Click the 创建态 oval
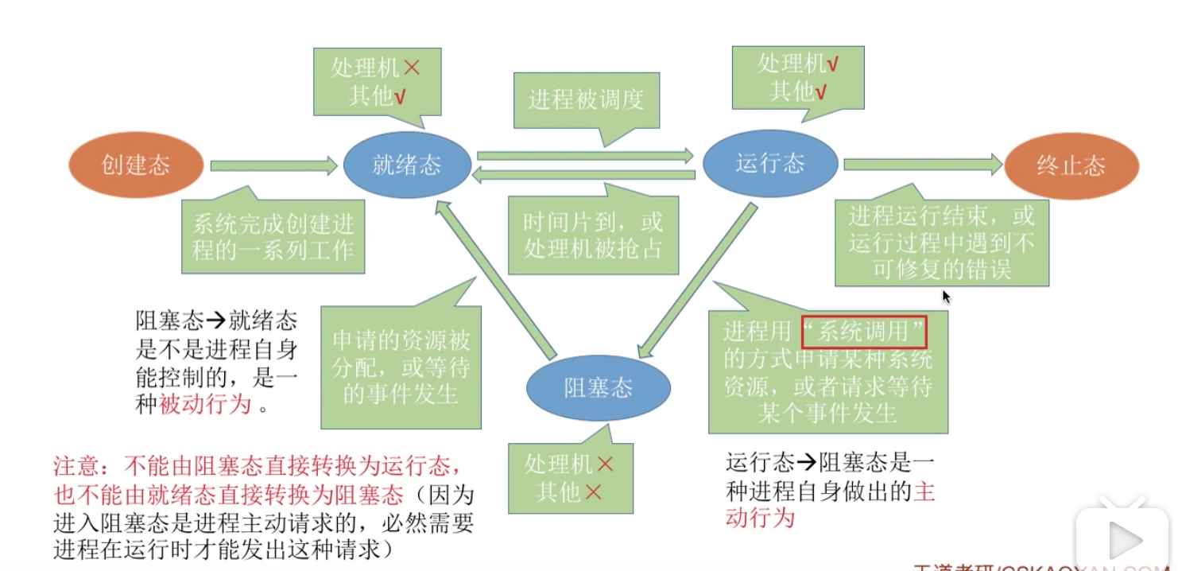(136, 166)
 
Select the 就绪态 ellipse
(406, 165)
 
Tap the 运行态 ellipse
(769, 164)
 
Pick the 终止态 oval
(1071, 166)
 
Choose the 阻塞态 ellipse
(598, 388)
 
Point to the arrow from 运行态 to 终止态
(922, 164)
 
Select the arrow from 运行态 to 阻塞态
(695, 279)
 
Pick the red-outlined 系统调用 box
(865, 331)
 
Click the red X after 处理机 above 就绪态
(411, 68)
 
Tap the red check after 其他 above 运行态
(820, 93)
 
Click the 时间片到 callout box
(593, 235)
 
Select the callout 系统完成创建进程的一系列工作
(273, 238)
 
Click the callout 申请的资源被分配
(401, 367)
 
